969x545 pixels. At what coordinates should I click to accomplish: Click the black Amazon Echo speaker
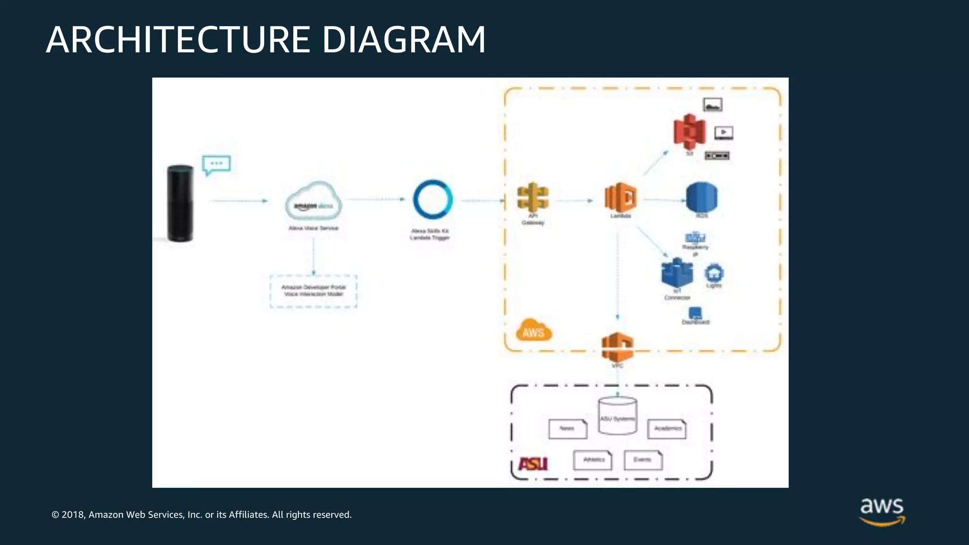[180, 203]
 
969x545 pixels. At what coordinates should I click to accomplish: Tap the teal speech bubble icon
[216, 165]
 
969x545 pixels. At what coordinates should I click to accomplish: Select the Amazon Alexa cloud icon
[314, 201]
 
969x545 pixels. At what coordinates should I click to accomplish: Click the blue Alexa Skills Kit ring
[432, 200]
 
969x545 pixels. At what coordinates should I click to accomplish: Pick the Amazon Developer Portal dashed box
[313, 291]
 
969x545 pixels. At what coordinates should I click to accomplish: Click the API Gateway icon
[533, 197]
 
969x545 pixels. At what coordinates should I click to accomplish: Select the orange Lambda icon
[620, 197]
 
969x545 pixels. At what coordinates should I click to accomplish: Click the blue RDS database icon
[702, 198]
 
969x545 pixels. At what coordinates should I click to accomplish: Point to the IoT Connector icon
[677, 273]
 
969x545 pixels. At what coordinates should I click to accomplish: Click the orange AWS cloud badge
[534, 330]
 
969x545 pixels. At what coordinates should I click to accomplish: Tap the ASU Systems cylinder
[617, 415]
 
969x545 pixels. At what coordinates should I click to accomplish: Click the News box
[567, 429]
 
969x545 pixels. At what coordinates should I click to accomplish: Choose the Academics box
[667, 429]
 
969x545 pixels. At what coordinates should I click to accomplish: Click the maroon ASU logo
[533, 464]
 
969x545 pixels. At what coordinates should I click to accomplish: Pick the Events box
[643, 460]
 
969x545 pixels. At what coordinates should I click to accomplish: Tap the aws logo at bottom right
[882, 511]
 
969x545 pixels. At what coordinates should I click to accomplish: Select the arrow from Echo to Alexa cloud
[239, 201]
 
